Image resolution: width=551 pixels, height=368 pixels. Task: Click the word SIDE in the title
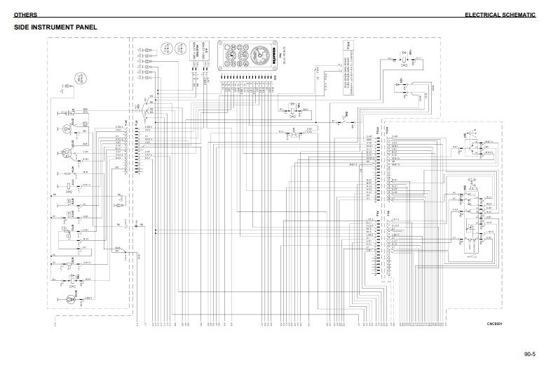pos(23,28)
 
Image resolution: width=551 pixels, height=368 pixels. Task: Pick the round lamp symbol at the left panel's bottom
pos(69,299)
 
